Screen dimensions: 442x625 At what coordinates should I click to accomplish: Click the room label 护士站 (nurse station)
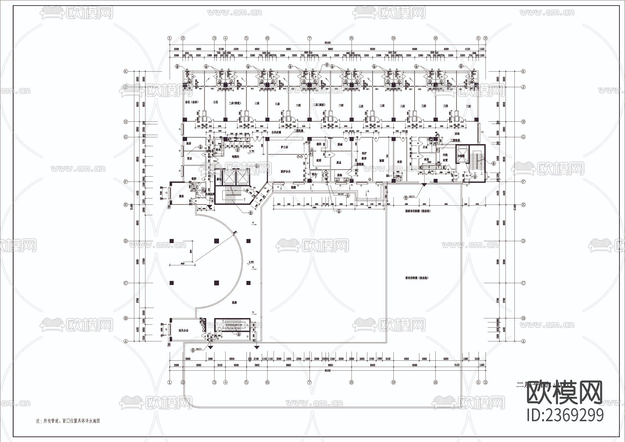[285, 147]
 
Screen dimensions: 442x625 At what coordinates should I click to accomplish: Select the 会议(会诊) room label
[192, 102]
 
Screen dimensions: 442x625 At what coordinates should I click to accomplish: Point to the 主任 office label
[215, 102]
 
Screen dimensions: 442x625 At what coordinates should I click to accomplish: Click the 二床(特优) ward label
[236, 103]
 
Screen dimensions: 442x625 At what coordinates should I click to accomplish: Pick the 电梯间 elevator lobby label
[235, 157]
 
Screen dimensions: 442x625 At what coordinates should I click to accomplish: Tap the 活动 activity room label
[457, 134]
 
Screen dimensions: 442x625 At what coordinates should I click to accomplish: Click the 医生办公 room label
[184, 330]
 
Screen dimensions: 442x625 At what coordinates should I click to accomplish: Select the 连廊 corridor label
[234, 302]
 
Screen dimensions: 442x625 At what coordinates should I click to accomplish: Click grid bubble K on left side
[125, 71]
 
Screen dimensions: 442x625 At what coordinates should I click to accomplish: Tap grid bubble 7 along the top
[309, 38]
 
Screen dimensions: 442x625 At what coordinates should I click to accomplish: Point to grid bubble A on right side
[523, 341]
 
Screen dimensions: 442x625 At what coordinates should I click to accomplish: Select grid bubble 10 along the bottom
[435, 382]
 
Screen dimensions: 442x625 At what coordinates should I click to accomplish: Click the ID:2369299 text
[565, 415]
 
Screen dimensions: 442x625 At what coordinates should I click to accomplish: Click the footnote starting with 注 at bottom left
[68, 421]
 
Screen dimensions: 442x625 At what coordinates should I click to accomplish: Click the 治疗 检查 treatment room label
[364, 155]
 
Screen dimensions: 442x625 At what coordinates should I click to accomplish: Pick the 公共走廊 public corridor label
[276, 132]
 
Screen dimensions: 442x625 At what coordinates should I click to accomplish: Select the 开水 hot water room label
[426, 147]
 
